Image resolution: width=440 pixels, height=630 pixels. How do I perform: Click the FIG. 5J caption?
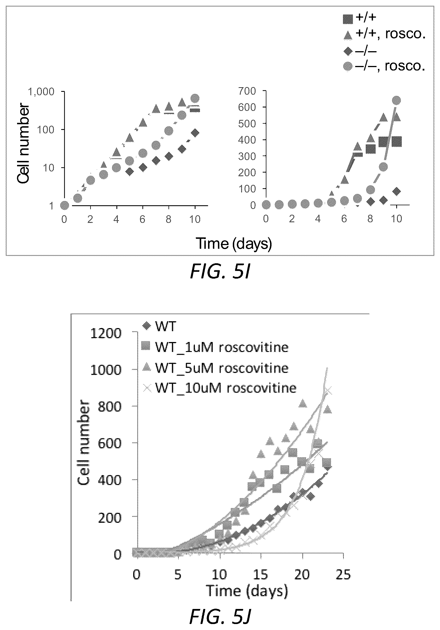coord(220,617)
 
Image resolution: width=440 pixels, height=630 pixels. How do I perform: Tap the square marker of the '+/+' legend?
coord(348,19)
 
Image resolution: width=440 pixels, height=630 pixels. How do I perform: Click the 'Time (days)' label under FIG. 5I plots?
coord(234,244)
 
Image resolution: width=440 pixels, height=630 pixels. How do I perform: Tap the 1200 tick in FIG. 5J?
coord(105,333)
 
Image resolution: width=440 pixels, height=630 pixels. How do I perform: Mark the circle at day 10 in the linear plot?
coord(396,100)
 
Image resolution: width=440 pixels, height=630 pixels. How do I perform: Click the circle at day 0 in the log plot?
coord(65,205)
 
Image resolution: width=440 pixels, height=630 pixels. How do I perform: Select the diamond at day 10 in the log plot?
coord(195,133)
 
